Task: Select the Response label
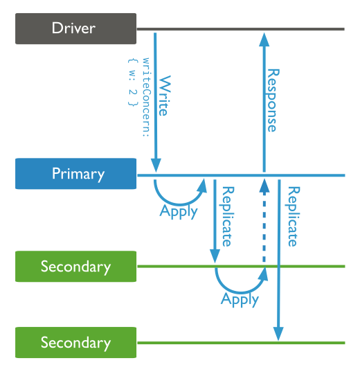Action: coord(272,100)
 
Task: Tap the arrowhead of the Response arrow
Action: coord(263,38)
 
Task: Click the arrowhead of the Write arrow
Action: coord(156,166)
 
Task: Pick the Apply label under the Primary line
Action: coord(179,211)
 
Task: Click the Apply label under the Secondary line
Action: coord(240,299)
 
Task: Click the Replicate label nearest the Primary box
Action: coord(226,215)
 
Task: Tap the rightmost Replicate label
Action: coord(292,215)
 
